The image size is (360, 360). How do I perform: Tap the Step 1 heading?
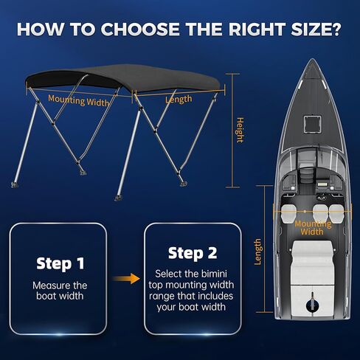point(60,263)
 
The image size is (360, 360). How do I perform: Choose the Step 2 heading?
point(192,253)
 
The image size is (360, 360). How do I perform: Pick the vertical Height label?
point(239,130)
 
